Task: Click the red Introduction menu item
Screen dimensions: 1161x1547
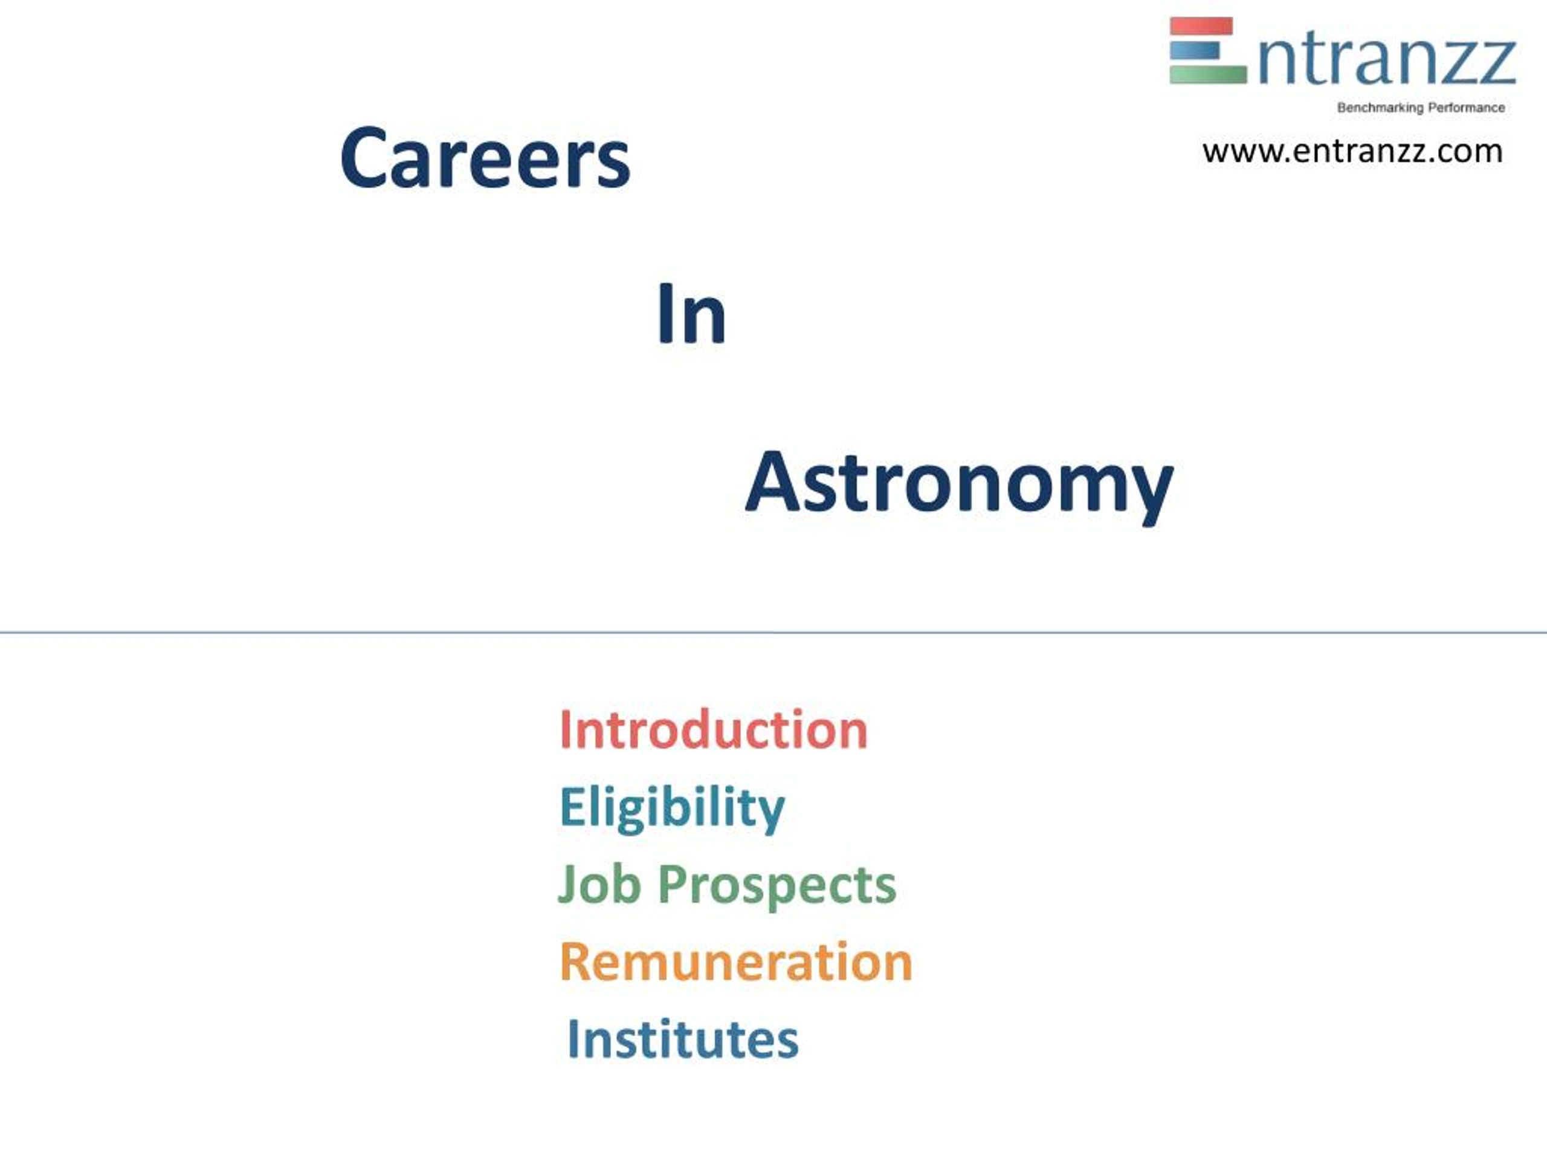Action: [712, 730]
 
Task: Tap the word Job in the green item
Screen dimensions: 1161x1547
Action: [599, 884]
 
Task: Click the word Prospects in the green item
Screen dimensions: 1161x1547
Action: [777, 885]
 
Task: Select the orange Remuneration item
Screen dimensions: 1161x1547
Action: [736, 961]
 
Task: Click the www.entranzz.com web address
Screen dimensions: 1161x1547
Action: [1352, 151]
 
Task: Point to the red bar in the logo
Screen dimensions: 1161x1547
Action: [1201, 27]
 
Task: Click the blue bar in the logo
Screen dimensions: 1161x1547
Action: [1194, 50]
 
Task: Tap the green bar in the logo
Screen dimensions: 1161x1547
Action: [1207, 74]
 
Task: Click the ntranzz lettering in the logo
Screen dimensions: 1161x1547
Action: [1386, 62]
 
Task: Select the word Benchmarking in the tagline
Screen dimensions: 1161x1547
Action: [1380, 108]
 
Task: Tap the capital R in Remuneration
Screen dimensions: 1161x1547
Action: [575, 961]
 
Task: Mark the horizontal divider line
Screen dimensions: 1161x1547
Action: [773, 633]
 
